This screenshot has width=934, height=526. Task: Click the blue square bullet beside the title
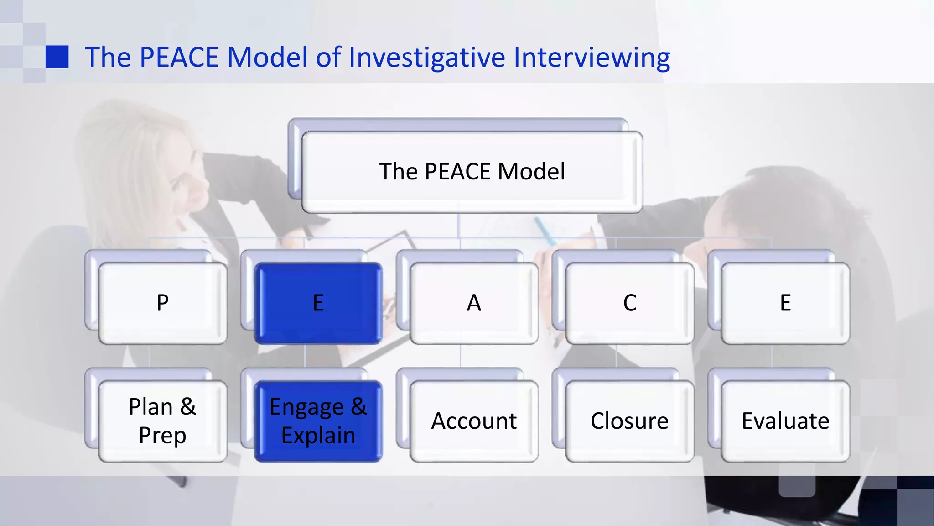tap(57, 57)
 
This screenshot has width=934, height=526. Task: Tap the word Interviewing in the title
tap(592, 58)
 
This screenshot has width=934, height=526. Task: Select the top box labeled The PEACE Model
tap(472, 172)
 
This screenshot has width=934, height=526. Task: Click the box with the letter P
tap(162, 303)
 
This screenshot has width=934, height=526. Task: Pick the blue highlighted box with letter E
tap(318, 303)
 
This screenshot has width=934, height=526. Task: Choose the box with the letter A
tap(474, 303)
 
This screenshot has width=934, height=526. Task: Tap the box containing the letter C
tap(629, 303)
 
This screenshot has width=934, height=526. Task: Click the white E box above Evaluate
tap(785, 303)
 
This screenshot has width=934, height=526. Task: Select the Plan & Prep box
tap(162, 421)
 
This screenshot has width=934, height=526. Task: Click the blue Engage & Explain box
tap(318, 421)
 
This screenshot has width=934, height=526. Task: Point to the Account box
tap(474, 421)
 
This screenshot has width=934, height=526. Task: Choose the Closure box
tap(629, 421)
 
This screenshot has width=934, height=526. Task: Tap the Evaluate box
tap(785, 421)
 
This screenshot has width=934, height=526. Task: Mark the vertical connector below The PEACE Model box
tap(458, 226)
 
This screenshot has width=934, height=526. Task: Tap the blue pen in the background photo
tap(545, 231)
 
